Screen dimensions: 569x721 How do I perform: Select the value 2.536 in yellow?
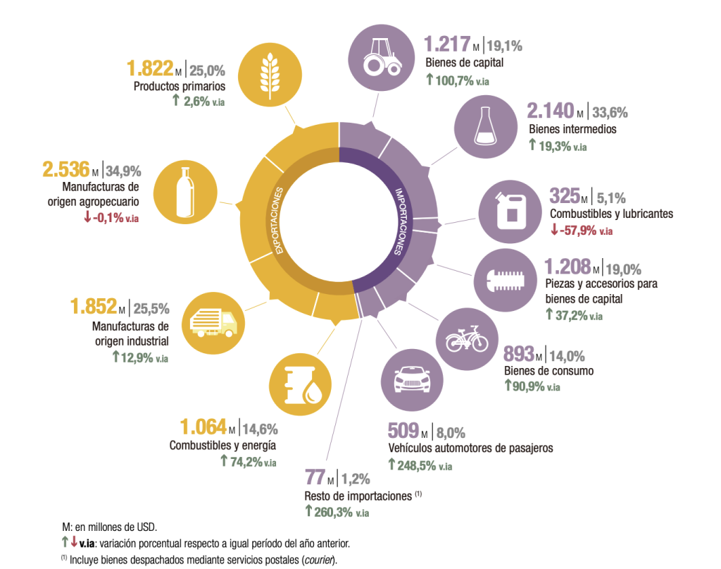[66, 170]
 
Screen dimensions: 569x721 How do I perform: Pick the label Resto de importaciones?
[358, 496]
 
